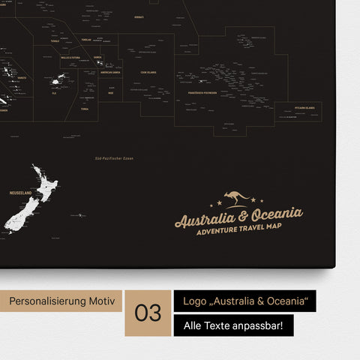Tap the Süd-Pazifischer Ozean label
click(109, 158)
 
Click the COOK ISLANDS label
click(148, 73)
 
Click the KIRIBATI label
click(139, 16)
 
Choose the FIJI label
click(53, 93)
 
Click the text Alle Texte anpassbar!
click(233, 325)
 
